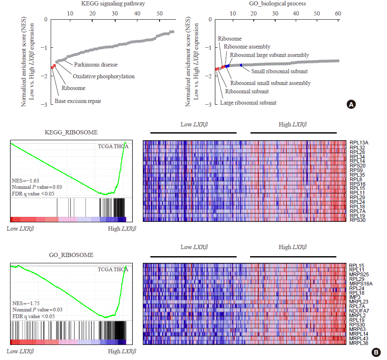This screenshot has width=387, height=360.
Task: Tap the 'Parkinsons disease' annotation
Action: (96, 65)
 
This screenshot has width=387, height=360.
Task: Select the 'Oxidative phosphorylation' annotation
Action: (103, 77)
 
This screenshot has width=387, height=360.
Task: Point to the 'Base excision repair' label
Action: (78, 101)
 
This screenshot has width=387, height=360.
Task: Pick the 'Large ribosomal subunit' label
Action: (248, 103)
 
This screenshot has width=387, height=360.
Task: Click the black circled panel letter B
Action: (376, 352)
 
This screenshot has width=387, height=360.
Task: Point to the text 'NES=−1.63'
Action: (26, 181)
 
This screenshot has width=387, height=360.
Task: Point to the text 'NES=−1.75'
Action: (26, 303)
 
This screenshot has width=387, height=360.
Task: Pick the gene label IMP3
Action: (354, 297)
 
